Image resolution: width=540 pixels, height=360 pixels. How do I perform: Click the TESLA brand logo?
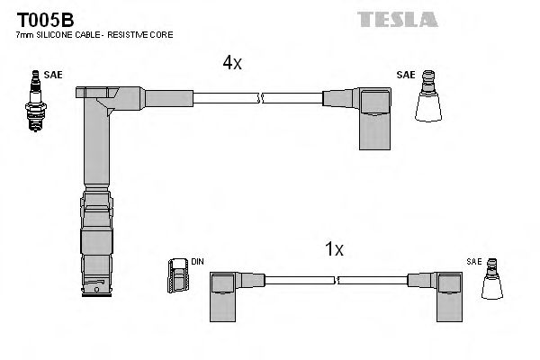pos(397,18)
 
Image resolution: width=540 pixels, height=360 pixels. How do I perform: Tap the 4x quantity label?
pos(233,63)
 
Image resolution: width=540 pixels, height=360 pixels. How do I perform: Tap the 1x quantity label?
pos(335,249)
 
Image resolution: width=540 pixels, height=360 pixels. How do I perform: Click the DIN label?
pos(197,262)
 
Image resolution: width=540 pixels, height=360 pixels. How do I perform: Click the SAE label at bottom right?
pos(473,261)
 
